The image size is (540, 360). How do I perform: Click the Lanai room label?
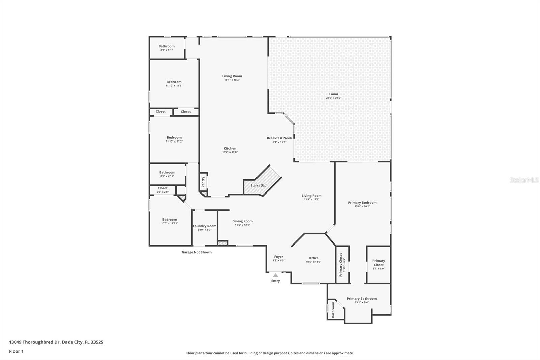pos(333,94)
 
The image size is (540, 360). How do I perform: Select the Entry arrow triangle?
pos(276,275)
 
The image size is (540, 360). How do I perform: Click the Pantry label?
pos(203,182)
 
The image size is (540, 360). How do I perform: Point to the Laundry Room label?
pos(205,226)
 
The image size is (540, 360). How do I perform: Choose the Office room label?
pos(313,258)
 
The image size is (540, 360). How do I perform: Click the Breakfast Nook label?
pos(279,138)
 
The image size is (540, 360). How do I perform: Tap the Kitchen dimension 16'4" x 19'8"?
pos(230,152)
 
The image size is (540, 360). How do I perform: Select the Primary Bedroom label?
pos(362,203)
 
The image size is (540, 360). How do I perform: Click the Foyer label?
pos(278,257)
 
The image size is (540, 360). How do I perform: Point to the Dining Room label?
pos(242,221)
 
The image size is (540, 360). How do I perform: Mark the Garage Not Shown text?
pos(196,252)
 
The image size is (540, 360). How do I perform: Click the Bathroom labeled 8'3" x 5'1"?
pos(167,48)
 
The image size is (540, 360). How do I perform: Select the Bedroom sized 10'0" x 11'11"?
pos(169,221)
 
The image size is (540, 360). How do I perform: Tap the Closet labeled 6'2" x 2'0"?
pos(162,190)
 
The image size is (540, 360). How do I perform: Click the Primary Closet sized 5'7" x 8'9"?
pos(378,264)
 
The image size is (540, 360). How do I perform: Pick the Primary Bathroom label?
pos(361,299)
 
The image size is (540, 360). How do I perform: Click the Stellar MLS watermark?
pos(524,180)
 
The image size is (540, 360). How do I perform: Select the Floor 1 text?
pos(16,351)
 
